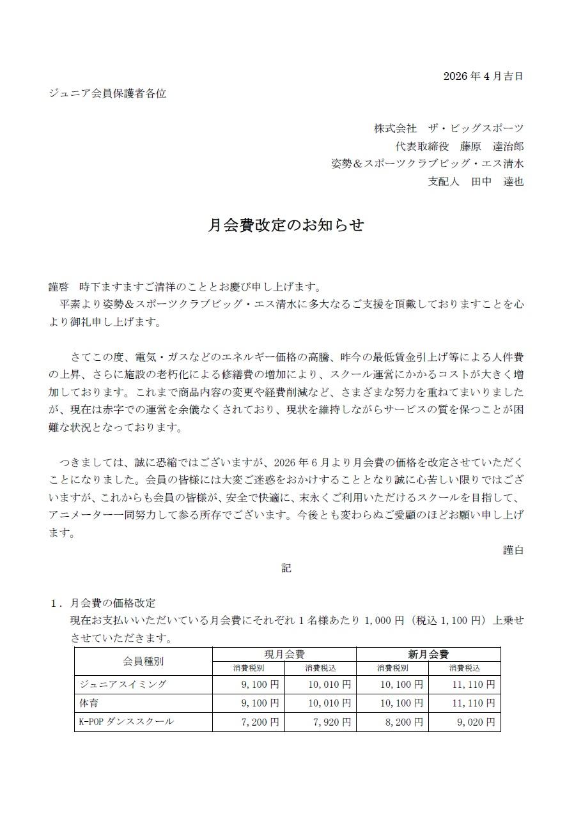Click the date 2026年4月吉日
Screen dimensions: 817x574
[x=483, y=77]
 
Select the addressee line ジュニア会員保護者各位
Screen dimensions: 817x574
[x=107, y=93]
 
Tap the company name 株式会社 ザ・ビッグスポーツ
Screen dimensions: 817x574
[x=448, y=128]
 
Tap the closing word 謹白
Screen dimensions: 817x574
[x=513, y=549]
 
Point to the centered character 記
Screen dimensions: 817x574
[x=286, y=567]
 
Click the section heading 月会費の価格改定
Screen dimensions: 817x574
[x=112, y=603]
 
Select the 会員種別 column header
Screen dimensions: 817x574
[x=143, y=661]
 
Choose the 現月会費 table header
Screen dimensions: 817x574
[x=284, y=654]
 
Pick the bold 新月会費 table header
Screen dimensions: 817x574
[x=428, y=654]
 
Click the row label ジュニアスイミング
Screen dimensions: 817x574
[x=123, y=685]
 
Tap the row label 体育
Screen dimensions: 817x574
[x=88, y=703]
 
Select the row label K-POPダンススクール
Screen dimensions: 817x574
[x=126, y=722]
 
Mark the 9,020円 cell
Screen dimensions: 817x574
[x=474, y=722]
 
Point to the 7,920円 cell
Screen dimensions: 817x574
[x=330, y=722]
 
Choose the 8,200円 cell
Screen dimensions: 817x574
[x=403, y=722]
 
